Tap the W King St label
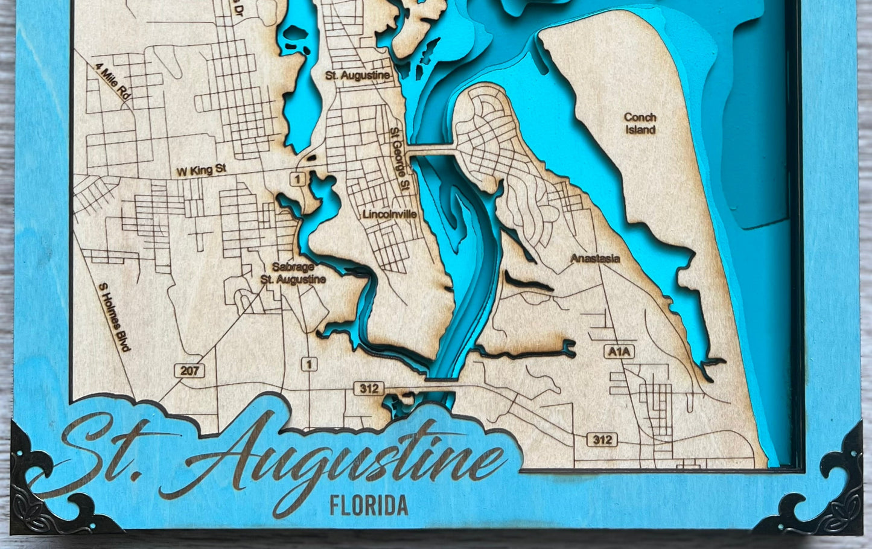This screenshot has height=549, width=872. pyautogui.click(x=201, y=171)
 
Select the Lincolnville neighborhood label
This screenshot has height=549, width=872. pyautogui.click(x=389, y=214)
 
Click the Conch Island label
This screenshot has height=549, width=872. pyautogui.click(x=640, y=124)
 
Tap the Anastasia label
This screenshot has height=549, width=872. pyautogui.click(x=595, y=259)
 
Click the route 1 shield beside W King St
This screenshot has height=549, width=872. pyautogui.click(x=297, y=179)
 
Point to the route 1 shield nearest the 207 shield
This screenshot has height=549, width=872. pyautogui.click(x=309, y=364)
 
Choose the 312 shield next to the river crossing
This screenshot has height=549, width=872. pyautogui.click(x=369, y=389)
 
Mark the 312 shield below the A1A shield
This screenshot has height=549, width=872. pyautogui.click(x=602, y=440)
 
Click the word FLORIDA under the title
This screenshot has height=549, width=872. pyautogui.click(x=368, y=506)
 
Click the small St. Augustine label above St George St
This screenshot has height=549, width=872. pyautogui.click(x=357, y=76)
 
